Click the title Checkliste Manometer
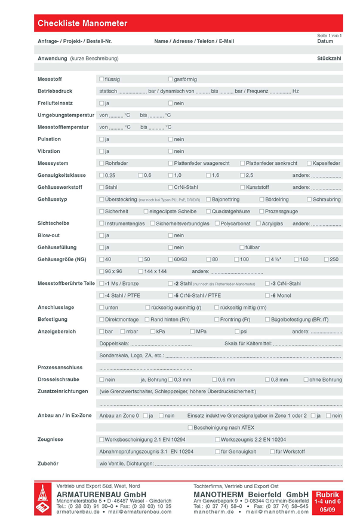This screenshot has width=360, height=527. (x=82, y=23)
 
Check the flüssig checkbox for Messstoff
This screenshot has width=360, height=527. (x=101, y=79)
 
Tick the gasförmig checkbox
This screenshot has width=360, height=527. (x=171, y=79)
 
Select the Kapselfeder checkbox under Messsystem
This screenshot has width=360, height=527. (x=309, y=163)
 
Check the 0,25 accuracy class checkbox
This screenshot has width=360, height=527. (x=101, y=175)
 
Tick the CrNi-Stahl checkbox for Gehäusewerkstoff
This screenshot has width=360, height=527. (x=171, y=187)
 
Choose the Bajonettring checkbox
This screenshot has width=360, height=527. (x=208, y=199)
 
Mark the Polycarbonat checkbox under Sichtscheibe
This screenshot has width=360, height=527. (x=217, y=223)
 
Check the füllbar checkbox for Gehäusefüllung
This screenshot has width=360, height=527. (x=242, y=247)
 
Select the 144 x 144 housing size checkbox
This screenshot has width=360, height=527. (x=140, y=271)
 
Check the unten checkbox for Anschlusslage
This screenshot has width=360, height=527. (x=101, y=307)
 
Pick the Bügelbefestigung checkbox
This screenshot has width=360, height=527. (x=267, y=320)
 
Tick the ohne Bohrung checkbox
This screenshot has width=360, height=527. (x=306, y=379)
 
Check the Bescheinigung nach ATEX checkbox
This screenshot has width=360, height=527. (x=190, y=427)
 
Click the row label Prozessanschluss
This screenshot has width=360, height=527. (x=60, y=367)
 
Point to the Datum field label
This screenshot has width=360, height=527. (x=325, y=41)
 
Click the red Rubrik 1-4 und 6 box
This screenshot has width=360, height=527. (x=327, y=501)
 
